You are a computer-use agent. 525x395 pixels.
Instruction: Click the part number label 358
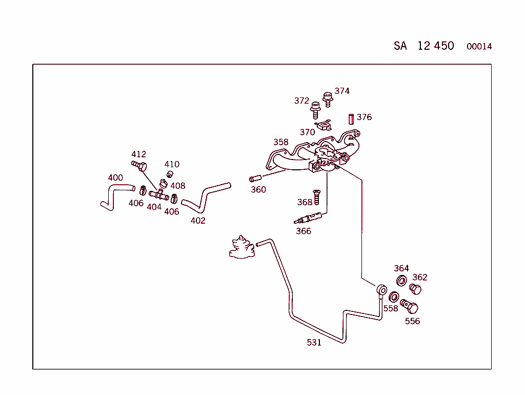click(x=280, y=142)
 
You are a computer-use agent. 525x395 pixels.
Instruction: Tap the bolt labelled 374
click(x=328, y=100)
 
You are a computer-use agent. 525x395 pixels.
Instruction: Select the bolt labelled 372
click(x=315, y=110)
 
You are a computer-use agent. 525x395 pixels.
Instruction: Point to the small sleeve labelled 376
click(x=351, y=120)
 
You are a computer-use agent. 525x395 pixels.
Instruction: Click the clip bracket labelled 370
click(x=324, y=125)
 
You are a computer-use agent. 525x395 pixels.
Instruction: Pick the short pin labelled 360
click(x=255, y=178)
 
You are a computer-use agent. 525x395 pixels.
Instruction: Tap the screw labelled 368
click(x=316, y=197)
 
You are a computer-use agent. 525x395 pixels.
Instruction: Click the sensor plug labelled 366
click(x=308, y=218)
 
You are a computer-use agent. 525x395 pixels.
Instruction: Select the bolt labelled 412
click(x=139, y=165)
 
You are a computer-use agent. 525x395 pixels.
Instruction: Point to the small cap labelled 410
click(x=170, y=174)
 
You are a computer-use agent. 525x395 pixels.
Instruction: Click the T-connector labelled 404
click(x=159, y=194)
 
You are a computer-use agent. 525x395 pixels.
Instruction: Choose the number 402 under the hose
click(x=198, y=221)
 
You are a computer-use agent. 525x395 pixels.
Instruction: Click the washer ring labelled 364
click(x=401, y=281)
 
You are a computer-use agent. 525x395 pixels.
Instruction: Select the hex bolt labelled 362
click(x=415, y=289)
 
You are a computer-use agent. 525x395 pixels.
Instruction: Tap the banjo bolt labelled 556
click(x=409, y=306)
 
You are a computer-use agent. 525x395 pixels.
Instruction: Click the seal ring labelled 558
click(x=394, y=297)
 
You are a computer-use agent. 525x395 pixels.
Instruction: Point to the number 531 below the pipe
click(x=314, y=342)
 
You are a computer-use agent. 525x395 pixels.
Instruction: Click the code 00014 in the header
click(x=479, y=47)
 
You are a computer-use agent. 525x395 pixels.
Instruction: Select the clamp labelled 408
click(x=164, y=184)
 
